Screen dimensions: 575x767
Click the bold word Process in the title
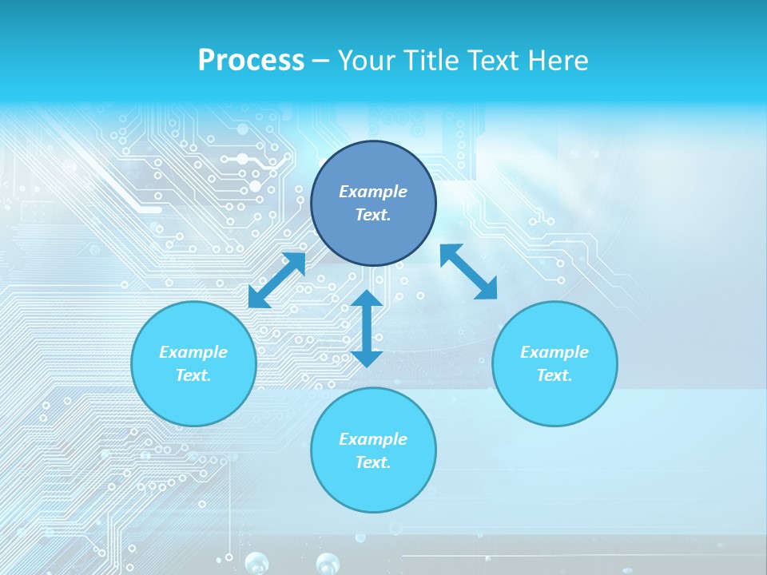click(251, 61)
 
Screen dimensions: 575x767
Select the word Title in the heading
click(435, 61)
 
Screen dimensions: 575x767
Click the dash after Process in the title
click(321, 61)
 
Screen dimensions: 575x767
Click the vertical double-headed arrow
click(367, 328)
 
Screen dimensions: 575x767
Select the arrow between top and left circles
click(277, 280)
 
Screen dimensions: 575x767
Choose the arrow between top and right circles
click(469, 272)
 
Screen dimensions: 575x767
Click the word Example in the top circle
click(373, 192)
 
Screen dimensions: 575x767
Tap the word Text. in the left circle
click(193, 375)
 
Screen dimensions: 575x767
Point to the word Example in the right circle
click(554, 352)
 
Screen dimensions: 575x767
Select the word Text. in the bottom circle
click(373, 462)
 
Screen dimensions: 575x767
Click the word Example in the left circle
click(193, 352)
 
